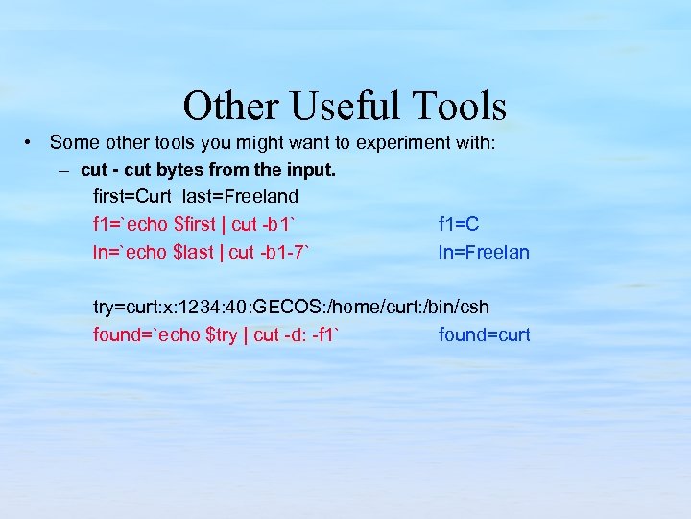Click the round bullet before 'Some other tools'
pyautogui.click(x=31, y=142)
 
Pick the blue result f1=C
pyautogui.click(x=459, y=225)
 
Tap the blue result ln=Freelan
pyautogui.click(x=484, y=253)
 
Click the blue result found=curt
pyautogui.click(x=484, y=335)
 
